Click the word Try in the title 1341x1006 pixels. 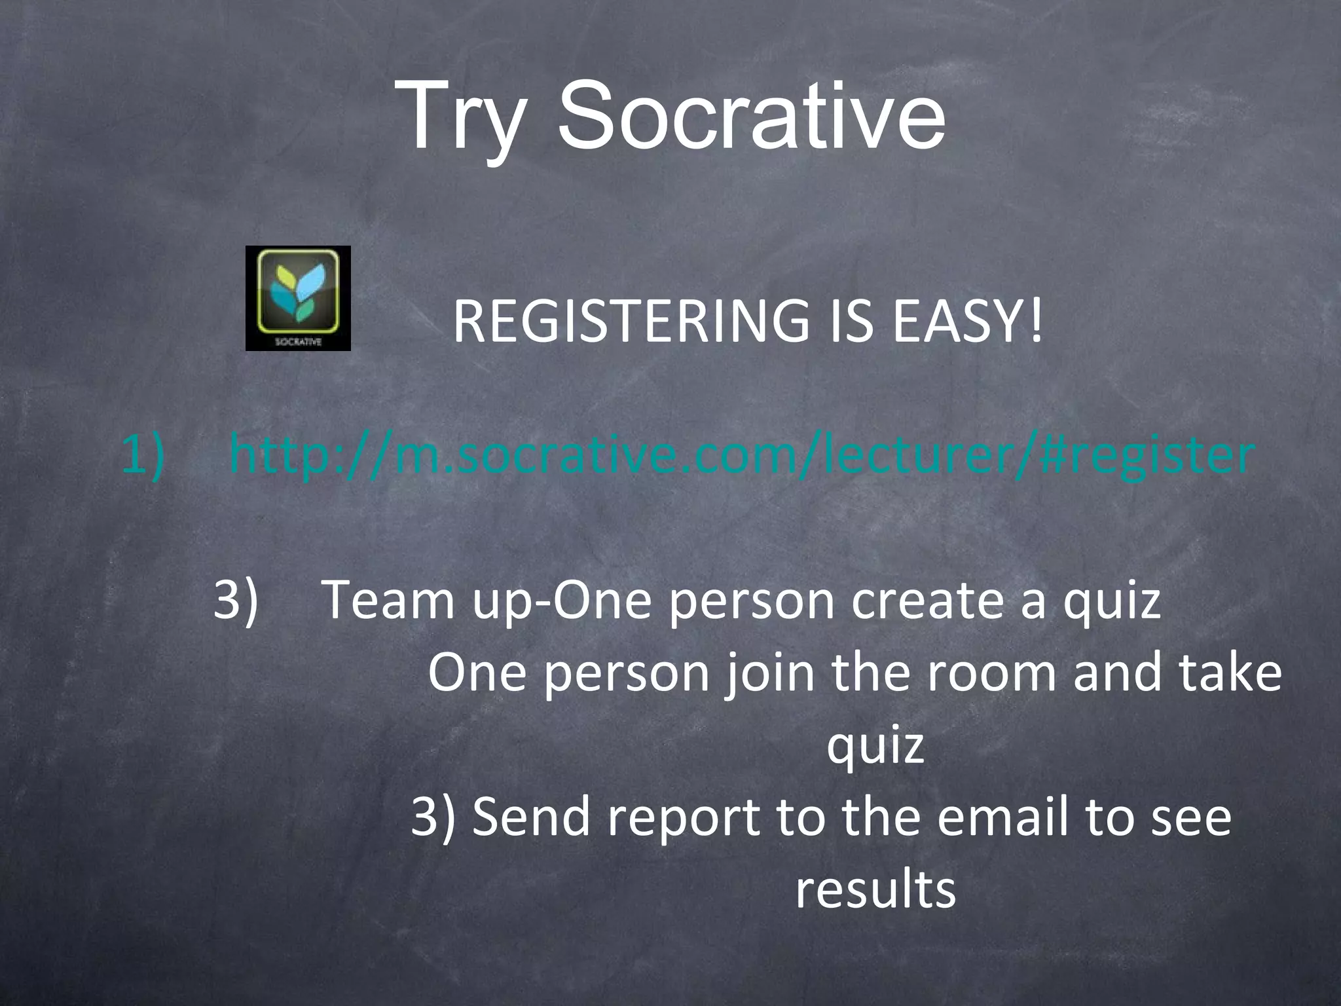[x=466, y=118]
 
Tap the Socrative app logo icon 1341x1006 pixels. [x=298, y=298]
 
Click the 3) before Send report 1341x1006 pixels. [x=433, y=817]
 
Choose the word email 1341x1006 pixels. [x=1002, y=816]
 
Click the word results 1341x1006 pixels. [x=875, y=889]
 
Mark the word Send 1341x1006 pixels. [x=531, y=816]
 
